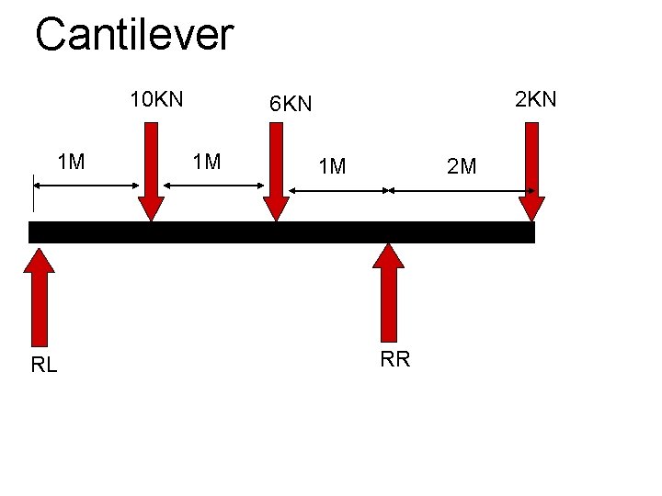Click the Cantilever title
134,35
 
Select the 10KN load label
156,99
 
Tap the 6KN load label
291,105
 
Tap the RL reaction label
44,366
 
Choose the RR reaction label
395,359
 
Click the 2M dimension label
462,166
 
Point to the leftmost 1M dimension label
71,163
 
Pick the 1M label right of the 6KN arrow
331,166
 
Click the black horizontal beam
281,232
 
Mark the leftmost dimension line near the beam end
86,186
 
